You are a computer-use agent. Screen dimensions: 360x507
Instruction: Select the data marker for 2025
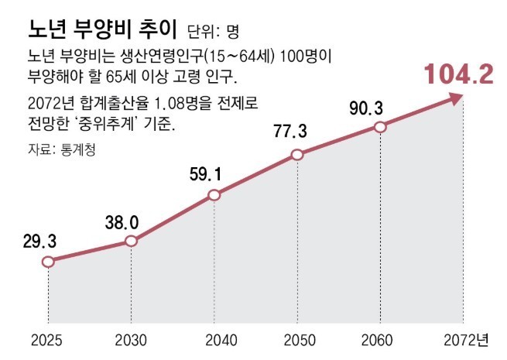tap(48, 262)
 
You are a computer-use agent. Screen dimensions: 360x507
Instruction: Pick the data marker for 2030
tap(131, 242)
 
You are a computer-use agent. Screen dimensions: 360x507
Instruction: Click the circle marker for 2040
tap(214, 196)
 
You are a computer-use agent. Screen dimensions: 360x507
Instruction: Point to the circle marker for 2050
tap(296, 155)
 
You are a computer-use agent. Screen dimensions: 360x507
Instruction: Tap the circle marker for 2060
tap(379, 126)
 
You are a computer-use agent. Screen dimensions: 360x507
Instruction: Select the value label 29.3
tap(39, 241)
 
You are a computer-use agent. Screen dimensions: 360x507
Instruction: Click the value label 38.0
tap(122, 222)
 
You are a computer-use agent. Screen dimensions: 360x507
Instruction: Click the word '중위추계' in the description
tap(136, 124)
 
